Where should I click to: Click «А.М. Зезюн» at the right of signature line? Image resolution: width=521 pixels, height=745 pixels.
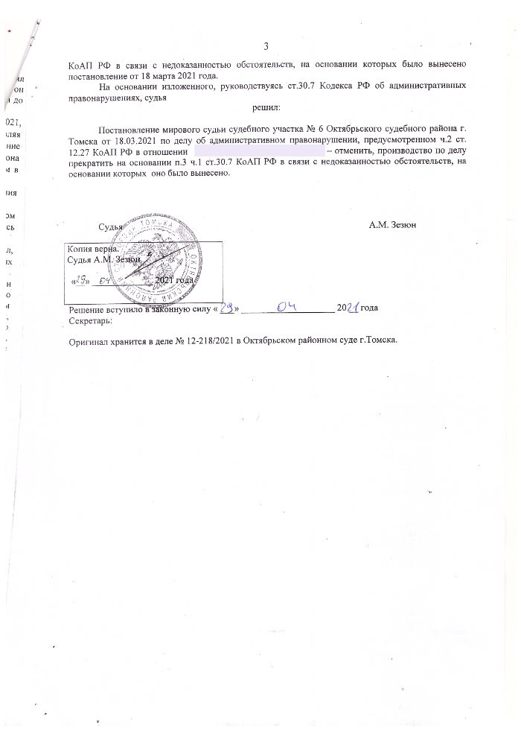coord(396,225)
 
